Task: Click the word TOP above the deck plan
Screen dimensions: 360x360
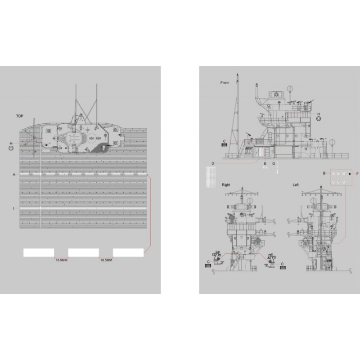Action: click(19, 116)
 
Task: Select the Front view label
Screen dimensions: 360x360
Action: click(225, 83)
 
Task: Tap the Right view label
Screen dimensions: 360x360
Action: click(225, 185)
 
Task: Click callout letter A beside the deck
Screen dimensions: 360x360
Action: click(14, 174)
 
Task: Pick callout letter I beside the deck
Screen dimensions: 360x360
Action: click(14, 208)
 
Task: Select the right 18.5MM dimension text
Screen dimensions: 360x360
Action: click(106, 260)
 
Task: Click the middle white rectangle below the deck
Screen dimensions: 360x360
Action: click(84, 252)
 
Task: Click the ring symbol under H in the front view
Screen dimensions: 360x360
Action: click(319, 119)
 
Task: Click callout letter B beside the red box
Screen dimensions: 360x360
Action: click(324, 173)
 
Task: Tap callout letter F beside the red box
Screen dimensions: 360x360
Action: click(357, 173)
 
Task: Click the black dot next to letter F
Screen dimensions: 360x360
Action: click(350, 173)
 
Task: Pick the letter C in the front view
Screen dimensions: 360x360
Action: click(224, 141)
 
